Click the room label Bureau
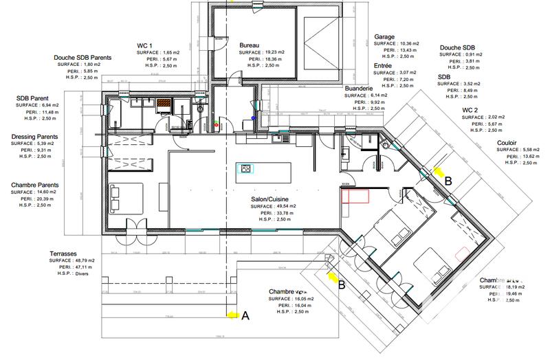click(249, 45)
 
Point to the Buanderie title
click(359, 89)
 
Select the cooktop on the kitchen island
click(244, 169)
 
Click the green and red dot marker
click(217, 126)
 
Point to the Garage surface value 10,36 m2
click(407, 43)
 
